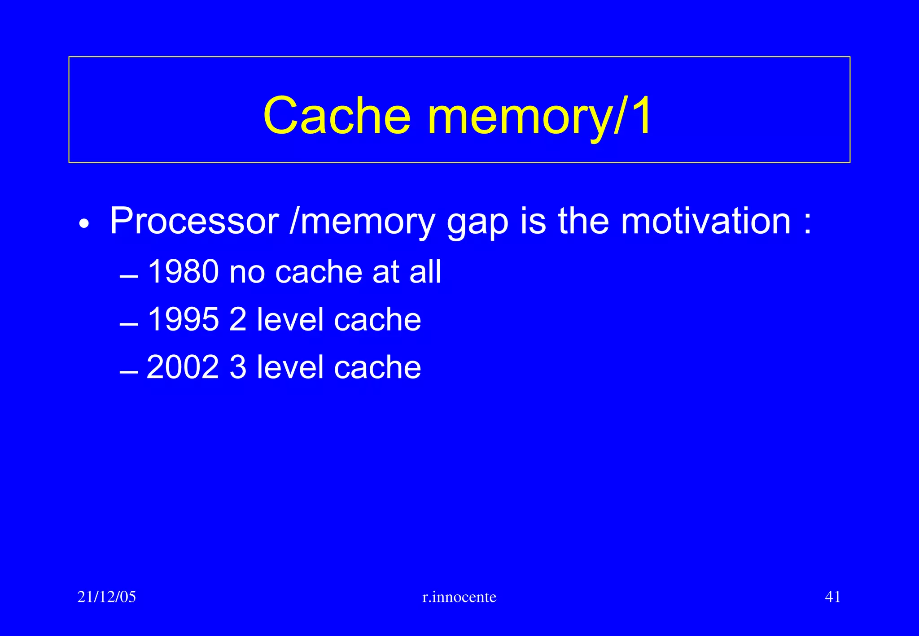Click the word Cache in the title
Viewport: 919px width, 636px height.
[337, 116]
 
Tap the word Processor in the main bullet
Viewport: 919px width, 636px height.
[194, 221]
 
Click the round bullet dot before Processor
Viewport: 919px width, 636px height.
[84, 223]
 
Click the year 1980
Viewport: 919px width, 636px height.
[183, 272]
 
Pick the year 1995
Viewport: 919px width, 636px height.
[183, 319]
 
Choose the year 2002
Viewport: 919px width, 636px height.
[183, 367]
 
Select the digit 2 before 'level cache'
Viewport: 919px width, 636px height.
[238, 319]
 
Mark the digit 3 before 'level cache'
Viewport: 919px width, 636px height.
[238, 367]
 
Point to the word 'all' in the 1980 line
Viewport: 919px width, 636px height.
[425, 272]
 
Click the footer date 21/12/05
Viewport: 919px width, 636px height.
[107, 597]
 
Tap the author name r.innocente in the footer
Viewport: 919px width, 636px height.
[459, 597]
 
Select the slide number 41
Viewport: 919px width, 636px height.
[833, 597]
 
